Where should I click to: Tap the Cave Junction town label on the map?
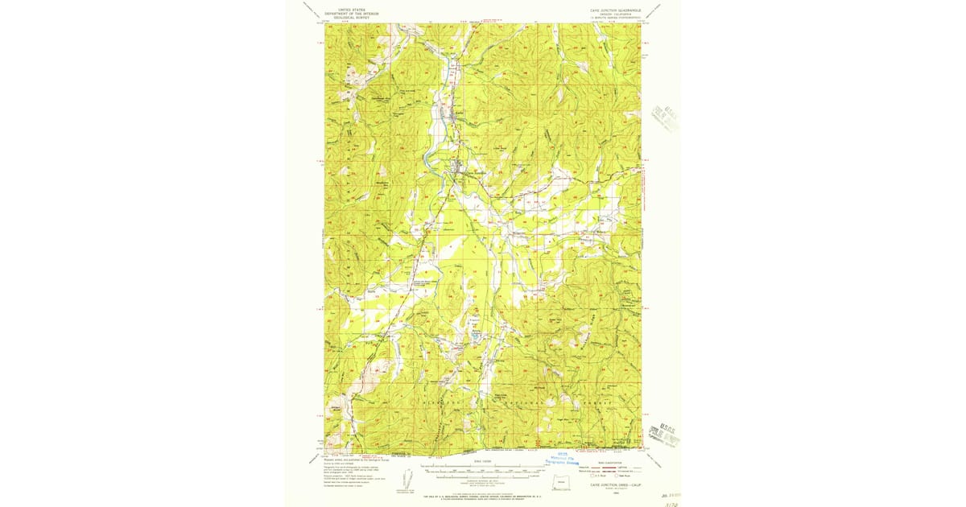[x=470, y=171]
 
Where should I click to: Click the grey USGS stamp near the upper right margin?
[x=666, y=118]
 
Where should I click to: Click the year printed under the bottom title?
[x=609, y=492]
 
